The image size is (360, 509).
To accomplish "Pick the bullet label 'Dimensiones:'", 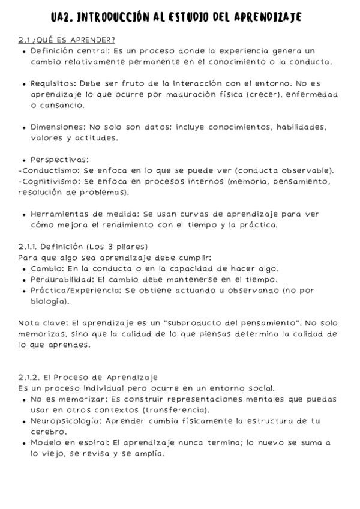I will (58, 127).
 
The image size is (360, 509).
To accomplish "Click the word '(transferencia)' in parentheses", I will (175, 410).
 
